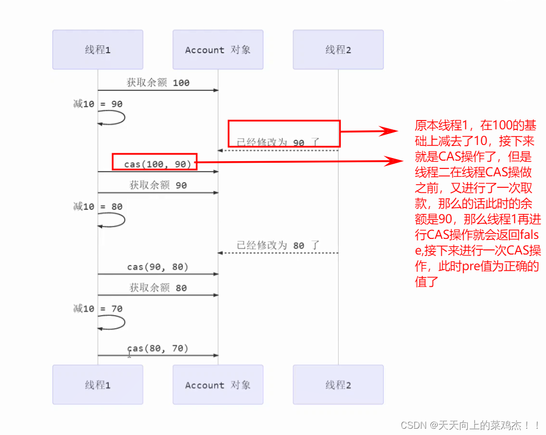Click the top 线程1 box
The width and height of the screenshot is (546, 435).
(x=97, y=50)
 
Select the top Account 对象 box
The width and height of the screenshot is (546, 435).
(x=218, y=50)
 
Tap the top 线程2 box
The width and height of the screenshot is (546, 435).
(x=338, y=50)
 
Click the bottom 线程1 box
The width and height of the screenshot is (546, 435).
(x=97, y=385)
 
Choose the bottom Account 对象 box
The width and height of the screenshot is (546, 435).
(x=218, y=385)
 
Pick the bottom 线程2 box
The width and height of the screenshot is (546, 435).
(x=338, y=385)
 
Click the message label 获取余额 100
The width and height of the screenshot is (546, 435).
(x=158, y=82)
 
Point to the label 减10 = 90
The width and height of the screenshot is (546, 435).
(x=98, y=104)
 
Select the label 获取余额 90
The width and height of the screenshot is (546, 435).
(x=158, y=185)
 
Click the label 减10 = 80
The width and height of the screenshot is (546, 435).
(x=98, y=207)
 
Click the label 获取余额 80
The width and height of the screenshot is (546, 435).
(x=158, y=287)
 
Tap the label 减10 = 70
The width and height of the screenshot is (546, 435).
(x=98, y=309)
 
